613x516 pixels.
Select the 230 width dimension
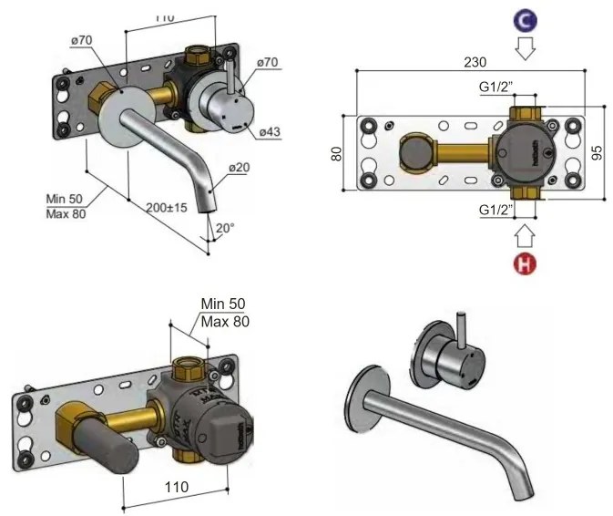(473, 62)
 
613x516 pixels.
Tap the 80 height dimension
(336, 154)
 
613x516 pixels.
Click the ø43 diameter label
(270, 131)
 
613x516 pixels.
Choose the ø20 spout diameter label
(240, 167)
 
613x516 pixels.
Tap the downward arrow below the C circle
(524, 47)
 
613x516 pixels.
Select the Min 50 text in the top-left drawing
(65, 198)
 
